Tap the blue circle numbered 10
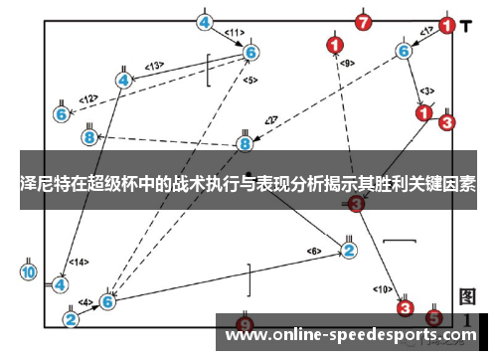28,270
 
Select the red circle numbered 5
433,317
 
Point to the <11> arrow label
234,33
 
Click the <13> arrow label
154,67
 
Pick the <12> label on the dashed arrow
89,98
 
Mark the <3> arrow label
426,90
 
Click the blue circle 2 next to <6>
349,250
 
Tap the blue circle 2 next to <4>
71,319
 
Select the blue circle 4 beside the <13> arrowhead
123,80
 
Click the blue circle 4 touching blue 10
60,283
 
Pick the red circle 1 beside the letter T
446,26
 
